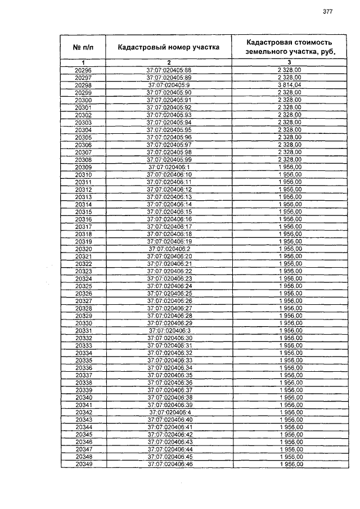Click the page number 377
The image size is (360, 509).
coord(328,12)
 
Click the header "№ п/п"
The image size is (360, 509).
coord(83,47)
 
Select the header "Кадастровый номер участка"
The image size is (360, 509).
coord(168,47)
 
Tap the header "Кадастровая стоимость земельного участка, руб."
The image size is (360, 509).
coord(289,47)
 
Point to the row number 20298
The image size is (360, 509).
coord(83,84)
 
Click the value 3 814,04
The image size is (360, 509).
coord(289,84)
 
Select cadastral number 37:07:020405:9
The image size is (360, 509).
coord(169,84)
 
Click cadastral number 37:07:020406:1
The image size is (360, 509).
coord(169,167)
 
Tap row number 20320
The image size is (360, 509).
coord(83,249)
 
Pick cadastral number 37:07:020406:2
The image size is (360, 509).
coord(169,249)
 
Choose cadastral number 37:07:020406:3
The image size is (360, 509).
coord(169,331)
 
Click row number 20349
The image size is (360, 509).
coord(83,465)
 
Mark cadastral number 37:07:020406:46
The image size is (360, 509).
coord(169,465)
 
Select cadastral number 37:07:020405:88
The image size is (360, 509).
coord(169,69)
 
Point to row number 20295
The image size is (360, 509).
coord(83,69)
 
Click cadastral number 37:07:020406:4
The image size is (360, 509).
coord(169,412)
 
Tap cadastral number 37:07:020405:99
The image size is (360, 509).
coord(169,160)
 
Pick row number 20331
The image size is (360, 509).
coord(83,331)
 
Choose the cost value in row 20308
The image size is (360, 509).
coord(289,160)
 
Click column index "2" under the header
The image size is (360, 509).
coord(169,62)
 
